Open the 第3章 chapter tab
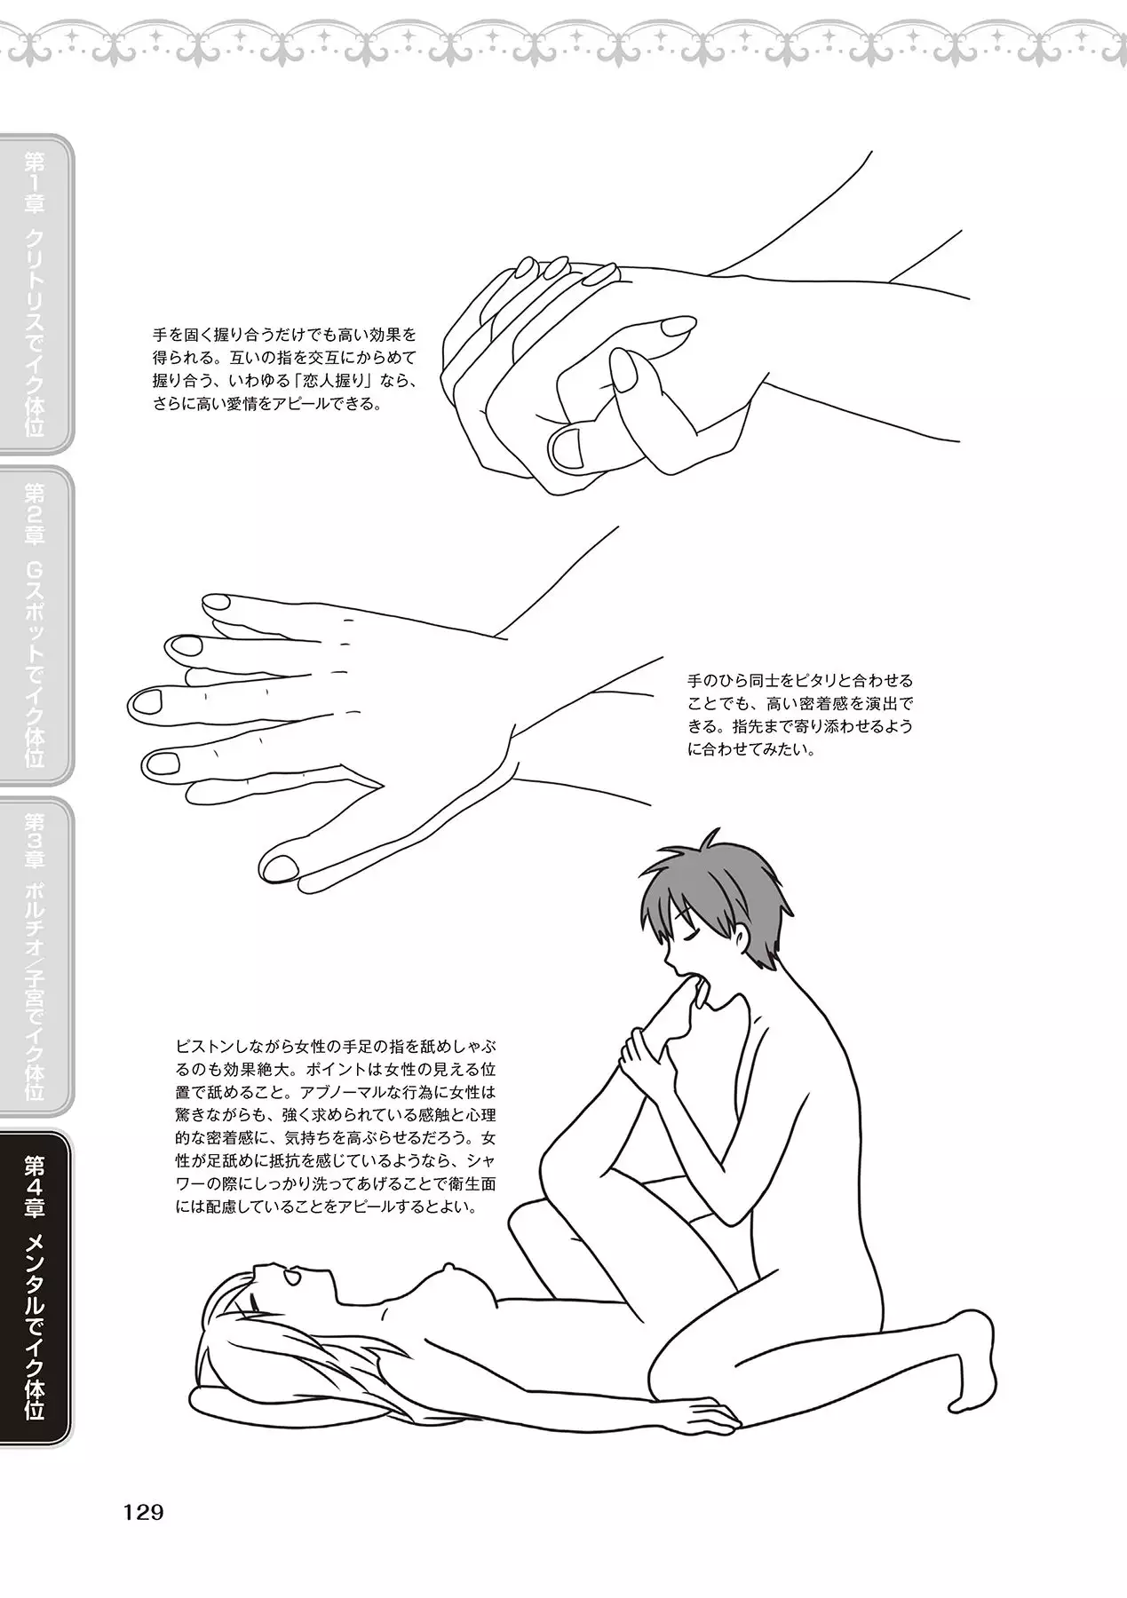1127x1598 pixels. pyautogui.click(x=36, y=957)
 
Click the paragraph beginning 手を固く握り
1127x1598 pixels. pyautogui.click(x=284, y=370)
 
